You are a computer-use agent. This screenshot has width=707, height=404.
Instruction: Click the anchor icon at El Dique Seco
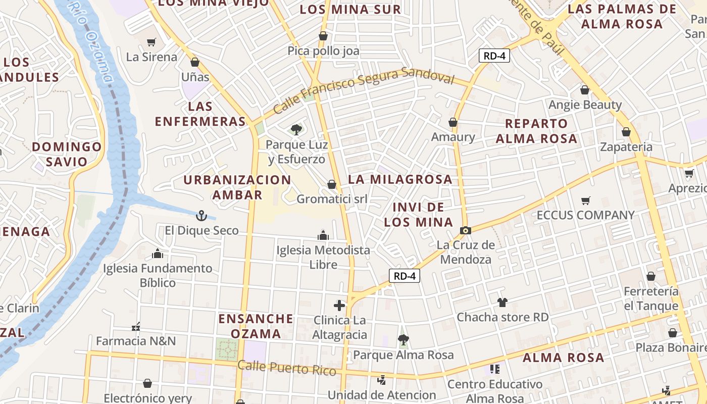201,216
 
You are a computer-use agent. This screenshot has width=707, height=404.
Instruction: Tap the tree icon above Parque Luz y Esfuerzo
296,130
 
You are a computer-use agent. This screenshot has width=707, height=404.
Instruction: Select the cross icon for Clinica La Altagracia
339,305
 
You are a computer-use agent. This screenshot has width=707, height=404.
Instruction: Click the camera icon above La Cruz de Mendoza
465,231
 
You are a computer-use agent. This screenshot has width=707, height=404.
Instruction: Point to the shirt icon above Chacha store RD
502,302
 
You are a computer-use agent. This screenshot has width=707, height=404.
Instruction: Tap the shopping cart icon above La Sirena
151,42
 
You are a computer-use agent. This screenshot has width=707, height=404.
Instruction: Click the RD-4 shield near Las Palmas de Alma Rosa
494,56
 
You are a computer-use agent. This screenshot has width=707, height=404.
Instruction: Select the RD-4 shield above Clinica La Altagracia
405,276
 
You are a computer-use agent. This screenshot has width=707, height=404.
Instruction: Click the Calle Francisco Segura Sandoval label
364,89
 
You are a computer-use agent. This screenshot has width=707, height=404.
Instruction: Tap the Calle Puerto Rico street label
287,368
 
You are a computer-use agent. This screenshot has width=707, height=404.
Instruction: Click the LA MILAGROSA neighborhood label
400,179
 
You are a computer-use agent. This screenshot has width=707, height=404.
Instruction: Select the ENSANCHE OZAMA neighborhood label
256,326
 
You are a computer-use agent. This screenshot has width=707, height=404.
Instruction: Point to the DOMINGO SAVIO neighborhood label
67,154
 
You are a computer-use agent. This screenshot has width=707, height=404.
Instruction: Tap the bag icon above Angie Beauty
585,90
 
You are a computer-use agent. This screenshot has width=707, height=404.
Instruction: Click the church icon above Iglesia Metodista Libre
323,235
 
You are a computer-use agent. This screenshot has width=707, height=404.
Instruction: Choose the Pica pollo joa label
324,51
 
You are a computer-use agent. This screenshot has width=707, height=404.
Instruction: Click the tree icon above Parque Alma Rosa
403,340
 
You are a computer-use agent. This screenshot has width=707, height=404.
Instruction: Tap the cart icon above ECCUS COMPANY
586,201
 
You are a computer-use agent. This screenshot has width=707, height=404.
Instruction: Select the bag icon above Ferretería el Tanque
651,277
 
